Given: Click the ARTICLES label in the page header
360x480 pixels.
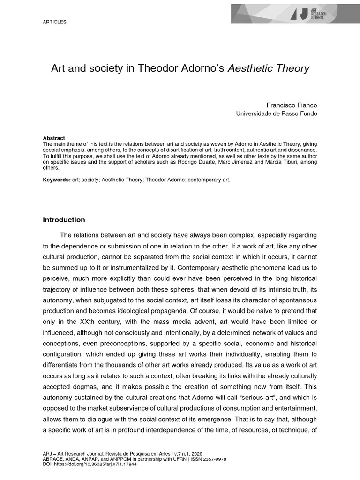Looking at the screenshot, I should [x=55, y=22].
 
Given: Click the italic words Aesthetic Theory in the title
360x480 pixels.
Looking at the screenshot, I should [x=269, y=68].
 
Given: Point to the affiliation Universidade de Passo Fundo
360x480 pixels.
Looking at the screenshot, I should [x=276, y=113].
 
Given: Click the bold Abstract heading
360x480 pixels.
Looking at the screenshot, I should [x=53, y=138].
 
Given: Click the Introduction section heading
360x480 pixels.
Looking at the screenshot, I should [x=64, y=220].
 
